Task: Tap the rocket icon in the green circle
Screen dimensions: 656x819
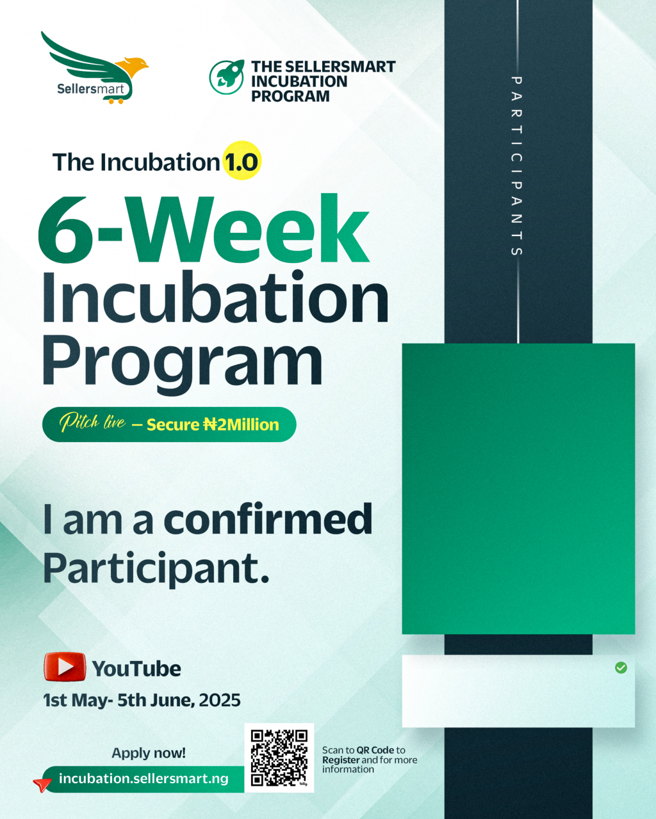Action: click(x=226, y=77)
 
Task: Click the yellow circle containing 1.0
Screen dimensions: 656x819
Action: click(x=242, y=160)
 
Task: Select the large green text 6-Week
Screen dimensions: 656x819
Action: click(x=204, y=229)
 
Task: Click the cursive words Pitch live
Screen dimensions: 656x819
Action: click(x=92, y=422)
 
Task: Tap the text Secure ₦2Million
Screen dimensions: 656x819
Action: click(x=213, y=425)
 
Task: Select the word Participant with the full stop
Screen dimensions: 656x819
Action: click(x=156, y=568)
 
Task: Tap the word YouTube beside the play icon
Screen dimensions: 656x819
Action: click(x=136, y=669)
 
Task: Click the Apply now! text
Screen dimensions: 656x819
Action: click(x=149, y=753)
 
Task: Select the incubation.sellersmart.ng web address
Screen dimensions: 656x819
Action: click(x=143, y=779)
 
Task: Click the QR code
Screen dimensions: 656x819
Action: click(x=279, y=758)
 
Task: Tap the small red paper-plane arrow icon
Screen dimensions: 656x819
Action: click(x=42, y=784)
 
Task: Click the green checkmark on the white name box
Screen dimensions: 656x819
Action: click(x=621, y=667)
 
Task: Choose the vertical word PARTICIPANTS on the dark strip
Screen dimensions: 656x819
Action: click(x=516, y=166)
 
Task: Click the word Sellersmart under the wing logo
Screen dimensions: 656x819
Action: click(x=91, y=89)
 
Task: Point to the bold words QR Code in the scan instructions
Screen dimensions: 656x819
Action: click(x=375, y=750)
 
